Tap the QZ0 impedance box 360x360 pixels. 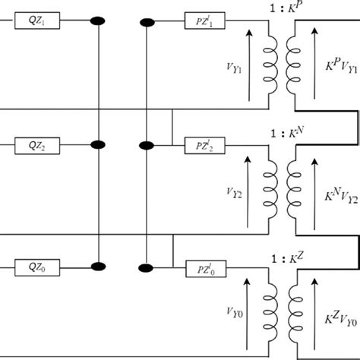point(36,267)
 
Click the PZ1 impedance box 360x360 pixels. point(204,21)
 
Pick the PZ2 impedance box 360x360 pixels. point(204,144)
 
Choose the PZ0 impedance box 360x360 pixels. point(204,267)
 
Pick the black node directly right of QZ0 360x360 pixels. point(97,267)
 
